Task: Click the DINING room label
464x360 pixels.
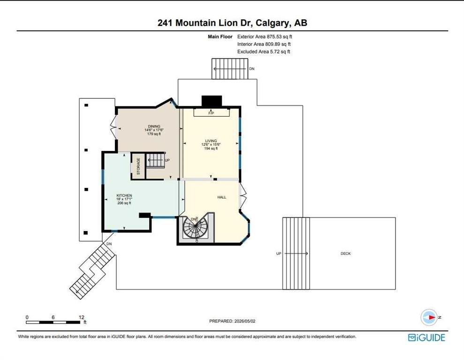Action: click(154, 126)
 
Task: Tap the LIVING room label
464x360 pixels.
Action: click(211, 141)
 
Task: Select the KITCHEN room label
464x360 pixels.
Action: click(124, 195)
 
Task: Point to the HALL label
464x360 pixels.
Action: click(221, 197)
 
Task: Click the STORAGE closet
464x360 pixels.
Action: click(138, 166)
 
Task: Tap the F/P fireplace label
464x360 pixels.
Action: click(211, 113)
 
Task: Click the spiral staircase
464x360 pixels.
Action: click(196, 229)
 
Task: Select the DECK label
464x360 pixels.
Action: click(346, 254)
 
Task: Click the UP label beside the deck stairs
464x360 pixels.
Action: click(279, 254)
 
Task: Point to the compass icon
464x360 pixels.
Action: click(429, 317)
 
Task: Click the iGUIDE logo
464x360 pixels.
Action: click(426, 337)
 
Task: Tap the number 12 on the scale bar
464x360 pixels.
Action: click(81, 317)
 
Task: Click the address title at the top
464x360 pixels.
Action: click(232, 23)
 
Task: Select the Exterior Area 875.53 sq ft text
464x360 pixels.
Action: click(265, 37)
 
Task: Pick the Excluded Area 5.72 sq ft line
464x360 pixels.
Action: click(264, 52)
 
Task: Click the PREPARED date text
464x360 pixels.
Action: click(232, 321)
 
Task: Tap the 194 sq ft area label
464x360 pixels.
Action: click(211, 149)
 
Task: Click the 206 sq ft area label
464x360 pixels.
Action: click(124, 203)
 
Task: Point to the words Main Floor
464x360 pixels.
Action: click(220, 37)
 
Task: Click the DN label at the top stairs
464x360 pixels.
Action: click(252, 69)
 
